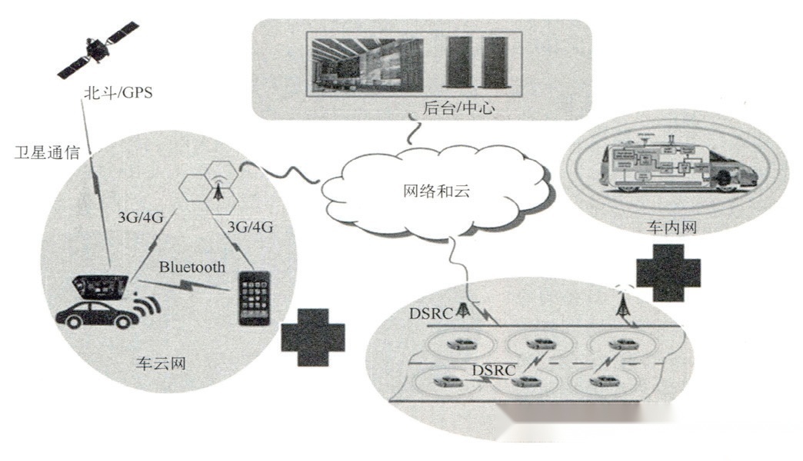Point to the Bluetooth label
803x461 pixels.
[192, 267]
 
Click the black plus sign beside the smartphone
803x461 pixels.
[313, 337]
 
